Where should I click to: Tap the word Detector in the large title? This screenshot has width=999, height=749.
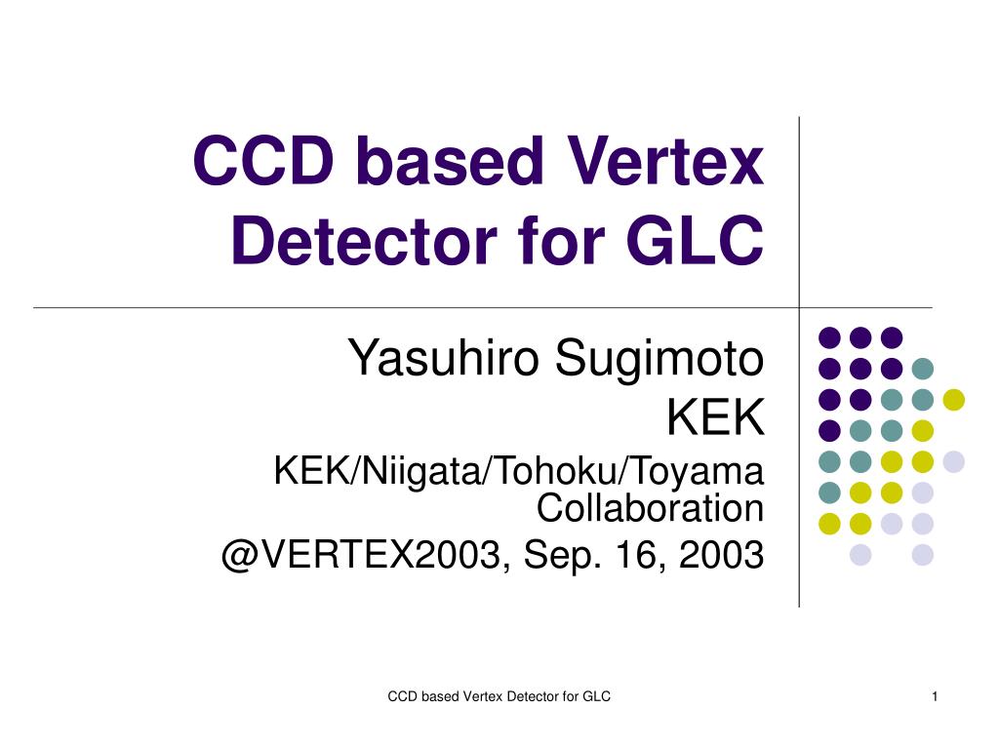click(364, 241)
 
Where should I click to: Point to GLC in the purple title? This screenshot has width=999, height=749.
click(695, 241)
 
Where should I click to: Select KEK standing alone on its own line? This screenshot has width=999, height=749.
click(715, 417)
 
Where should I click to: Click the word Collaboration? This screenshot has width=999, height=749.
click(650, 507)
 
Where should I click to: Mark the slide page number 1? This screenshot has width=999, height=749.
click(935, 696)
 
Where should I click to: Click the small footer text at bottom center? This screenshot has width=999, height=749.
click(499, 696)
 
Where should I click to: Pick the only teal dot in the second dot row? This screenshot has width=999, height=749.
click(923, 368)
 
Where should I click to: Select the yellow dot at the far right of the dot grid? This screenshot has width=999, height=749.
click(954, 399)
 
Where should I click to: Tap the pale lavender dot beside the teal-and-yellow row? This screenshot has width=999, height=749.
click(954, 461)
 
